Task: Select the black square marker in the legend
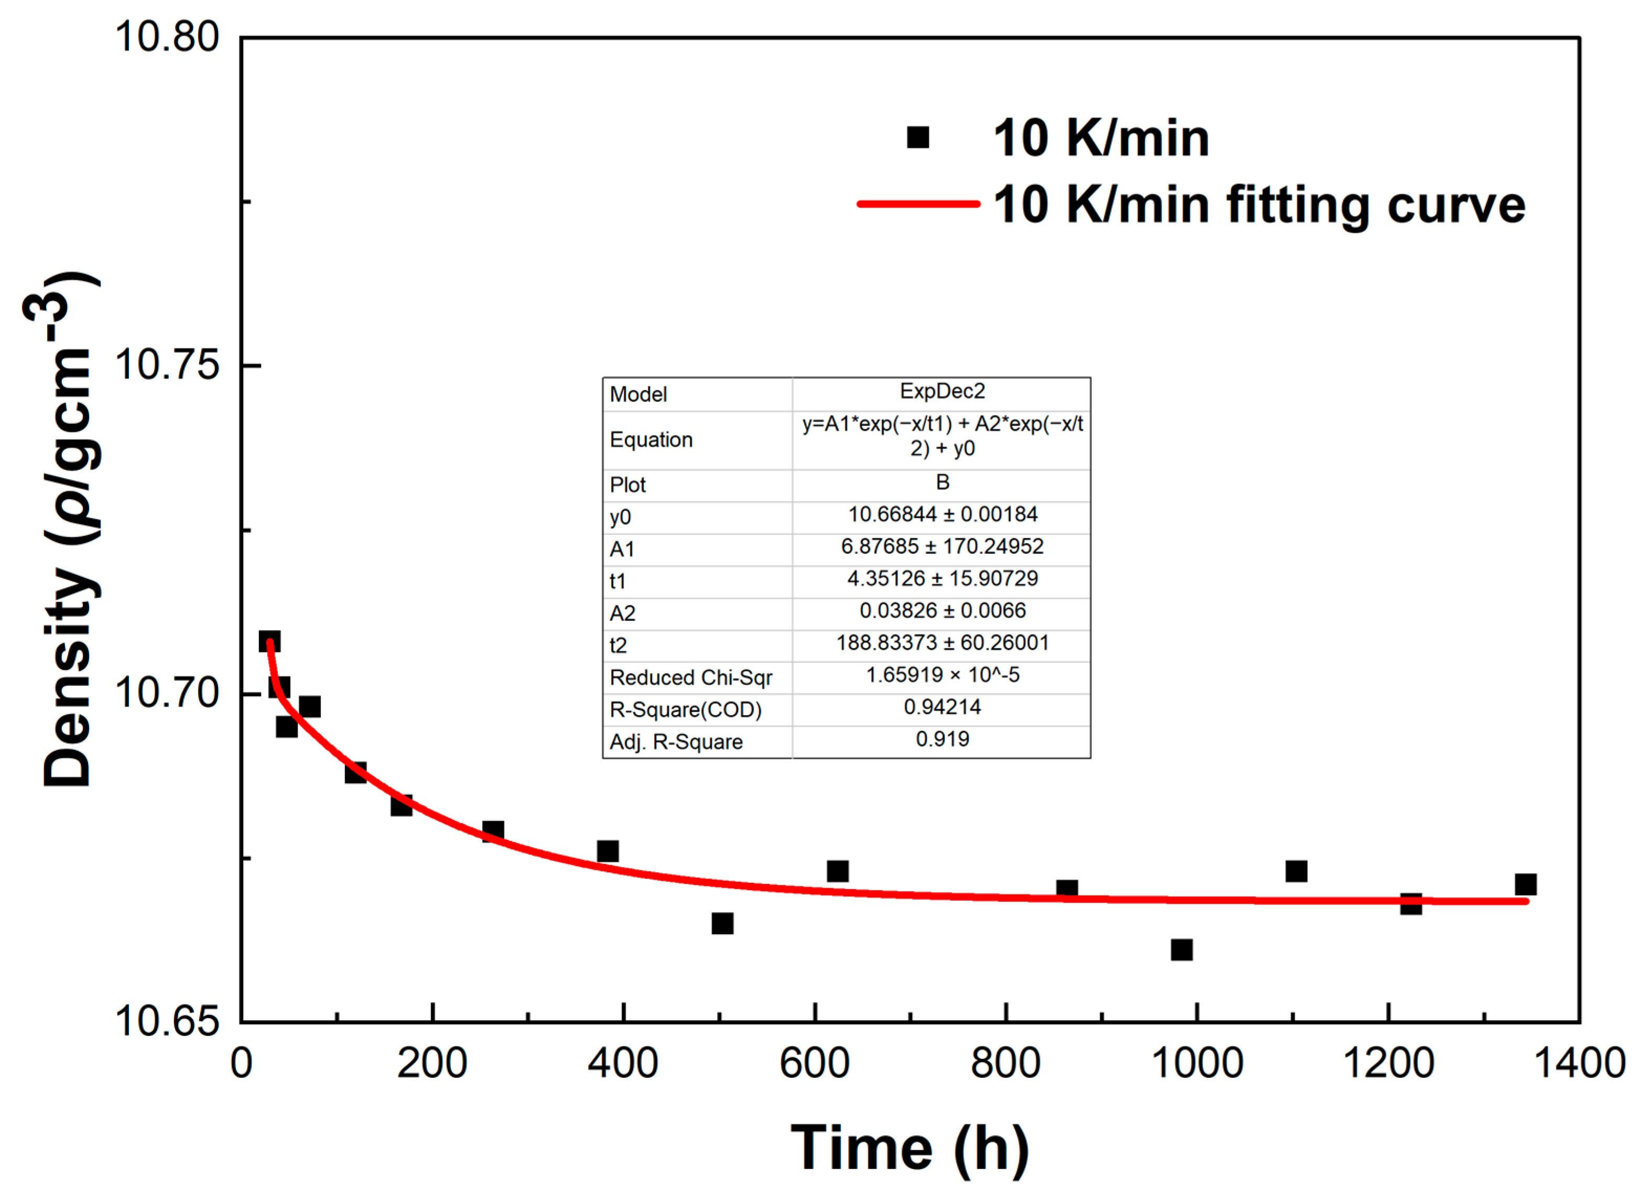coord(917,137)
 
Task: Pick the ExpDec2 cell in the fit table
coord(942,391)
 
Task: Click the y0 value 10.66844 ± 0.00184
coord(942,515)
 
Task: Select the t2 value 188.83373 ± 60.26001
coord(942,642)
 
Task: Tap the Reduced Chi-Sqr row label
coord(690,678)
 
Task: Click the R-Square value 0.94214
coord(942,706)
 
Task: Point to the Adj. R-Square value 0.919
coord(942,739)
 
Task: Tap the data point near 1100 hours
coord(1296,871)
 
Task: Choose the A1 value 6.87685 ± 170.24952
coord(942,547)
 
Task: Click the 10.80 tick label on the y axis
coord(167,36)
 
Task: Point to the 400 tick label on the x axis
coord(623,1063)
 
